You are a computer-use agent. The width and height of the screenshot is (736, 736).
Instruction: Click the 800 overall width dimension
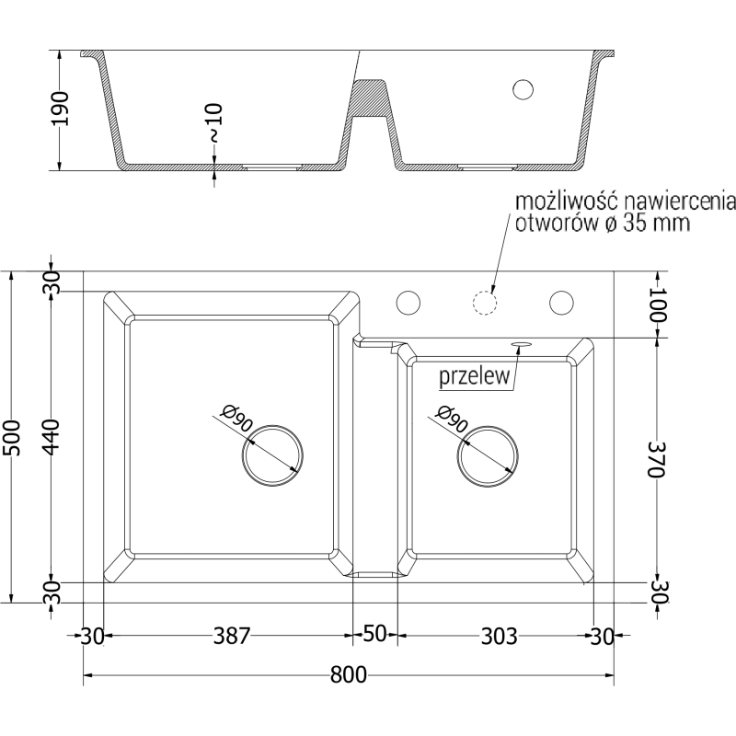pyautogui.click(x=349, y=675)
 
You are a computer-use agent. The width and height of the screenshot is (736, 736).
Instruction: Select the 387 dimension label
pyautogui.click(x=231, y=636)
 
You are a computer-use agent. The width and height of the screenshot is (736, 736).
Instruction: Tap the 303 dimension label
pyautogui.click(x=498, y=636)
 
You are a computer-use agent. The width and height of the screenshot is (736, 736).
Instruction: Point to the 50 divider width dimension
pyautogui.click(x=374, y=636)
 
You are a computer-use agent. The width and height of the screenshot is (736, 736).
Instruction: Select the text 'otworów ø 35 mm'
pyautogui.click(x=603, y=224)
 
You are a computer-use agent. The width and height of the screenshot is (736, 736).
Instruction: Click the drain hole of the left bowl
pyautogui.click(x=272, y=454)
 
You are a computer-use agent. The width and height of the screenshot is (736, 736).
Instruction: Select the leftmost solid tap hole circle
pyautogui.click(x=408, y=302)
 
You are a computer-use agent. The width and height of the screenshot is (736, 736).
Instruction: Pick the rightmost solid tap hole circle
pyautogui.click(x=560, y=302)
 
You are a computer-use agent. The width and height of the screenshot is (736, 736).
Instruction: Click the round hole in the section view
pyautogui.click(x=523, y=89)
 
